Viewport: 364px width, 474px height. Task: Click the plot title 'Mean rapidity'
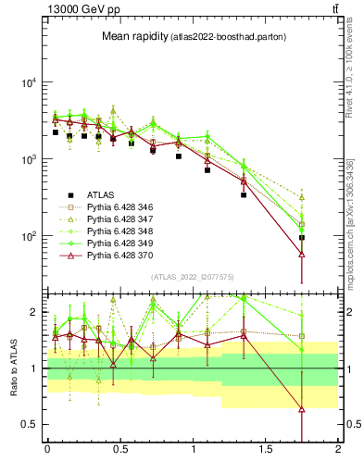pos(134,36)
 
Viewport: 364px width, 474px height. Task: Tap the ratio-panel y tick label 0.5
pos(31,424)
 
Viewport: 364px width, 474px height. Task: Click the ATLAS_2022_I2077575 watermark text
pos(192,276)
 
